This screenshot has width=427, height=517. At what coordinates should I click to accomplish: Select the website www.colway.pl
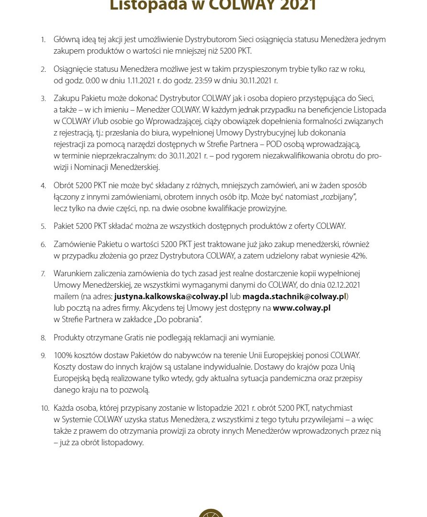(x=302, y=308)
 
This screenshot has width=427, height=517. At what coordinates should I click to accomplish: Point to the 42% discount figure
(x=359, y=256)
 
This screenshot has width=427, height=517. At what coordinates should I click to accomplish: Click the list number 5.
(x=43, y=226)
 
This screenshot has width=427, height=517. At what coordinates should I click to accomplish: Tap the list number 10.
(x=45, y=408)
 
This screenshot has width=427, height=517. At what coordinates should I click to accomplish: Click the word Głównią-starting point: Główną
(x=68, y=39)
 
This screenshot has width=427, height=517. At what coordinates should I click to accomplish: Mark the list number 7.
(x=43, y=274)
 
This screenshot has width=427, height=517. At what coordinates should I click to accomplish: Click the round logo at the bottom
(x=211, y=513)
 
